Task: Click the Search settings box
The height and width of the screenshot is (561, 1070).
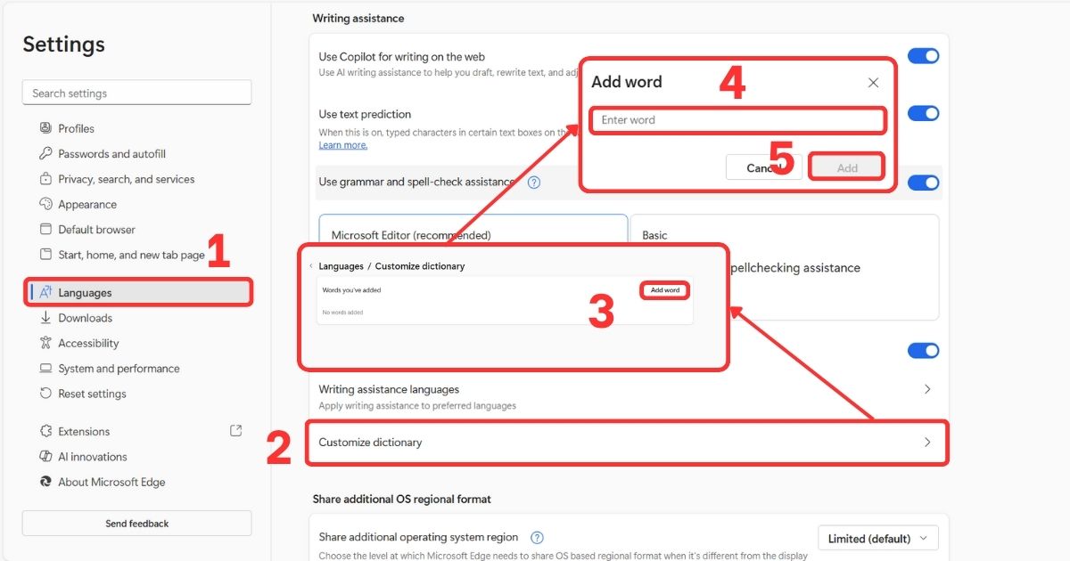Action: (x=136, y=93)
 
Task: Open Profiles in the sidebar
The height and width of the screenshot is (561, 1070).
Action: (x=76, y=128)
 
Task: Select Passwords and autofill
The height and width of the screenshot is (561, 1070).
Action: (x=111, y=154)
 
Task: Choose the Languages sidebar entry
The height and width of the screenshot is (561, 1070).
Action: (x=85, y=293)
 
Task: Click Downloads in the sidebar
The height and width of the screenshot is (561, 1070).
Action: (x=85, y=318)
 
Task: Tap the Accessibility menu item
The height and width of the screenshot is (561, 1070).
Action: (x=88, y=343)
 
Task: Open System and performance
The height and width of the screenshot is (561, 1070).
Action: (x=119, y=369)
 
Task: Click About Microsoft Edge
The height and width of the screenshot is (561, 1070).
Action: (x=111, y=482)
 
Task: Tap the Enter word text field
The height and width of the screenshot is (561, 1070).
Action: (x=737, y=120)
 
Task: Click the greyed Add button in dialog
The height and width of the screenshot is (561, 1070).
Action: (x=846, y=167)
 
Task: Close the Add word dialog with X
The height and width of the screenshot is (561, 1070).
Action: (x=873, y=83)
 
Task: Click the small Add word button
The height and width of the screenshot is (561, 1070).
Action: (x=665, y=290)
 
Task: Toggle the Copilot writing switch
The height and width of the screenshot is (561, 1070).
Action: (x=923, y=56)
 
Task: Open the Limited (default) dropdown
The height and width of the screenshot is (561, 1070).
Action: (x=877, y=539)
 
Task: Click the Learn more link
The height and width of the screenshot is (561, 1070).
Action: (x=343, y=145)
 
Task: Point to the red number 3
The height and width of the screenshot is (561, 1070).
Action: (x=601, y=312)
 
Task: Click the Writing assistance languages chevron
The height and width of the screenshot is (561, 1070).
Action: (x=927, y=389)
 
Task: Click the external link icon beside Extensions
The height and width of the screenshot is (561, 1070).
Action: (x=235, y=431)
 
